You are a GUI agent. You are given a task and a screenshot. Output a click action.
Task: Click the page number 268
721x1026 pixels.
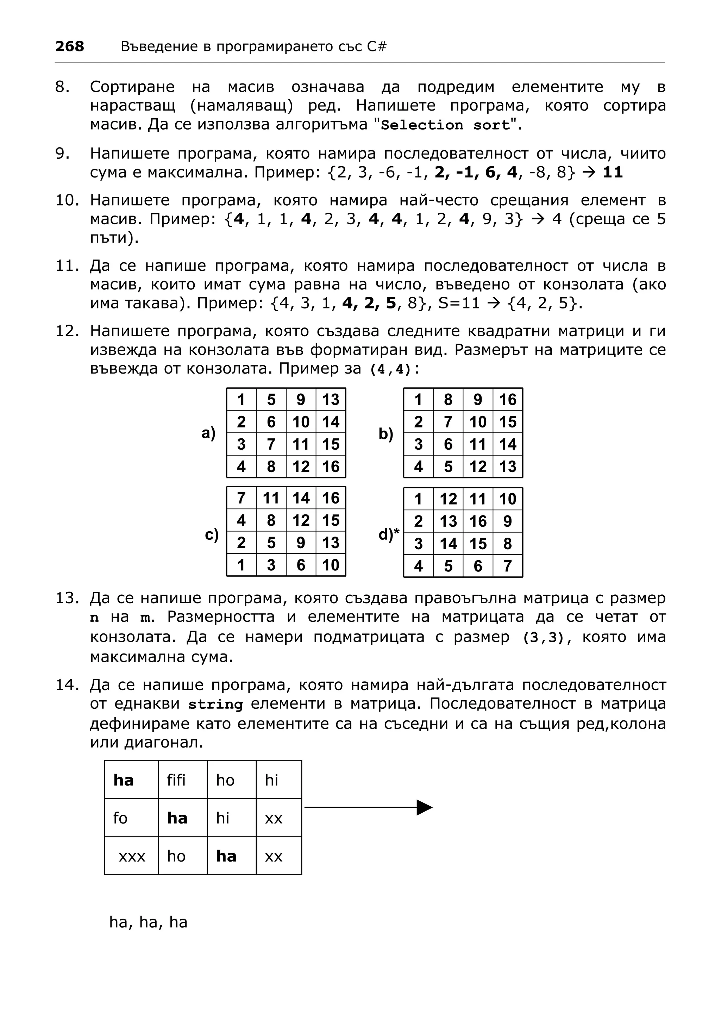tap(69, 46)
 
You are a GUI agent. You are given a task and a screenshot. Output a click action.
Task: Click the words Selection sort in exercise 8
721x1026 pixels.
tap(445, 125)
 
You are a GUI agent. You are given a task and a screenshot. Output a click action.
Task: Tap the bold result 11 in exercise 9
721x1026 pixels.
tap(613, 173)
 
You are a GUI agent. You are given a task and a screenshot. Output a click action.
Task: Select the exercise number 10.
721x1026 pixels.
tap(67, 200)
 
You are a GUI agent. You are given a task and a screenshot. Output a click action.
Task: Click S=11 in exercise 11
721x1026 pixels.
tap(459, 304)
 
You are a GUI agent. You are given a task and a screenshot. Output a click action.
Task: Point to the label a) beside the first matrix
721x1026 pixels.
tap(209, 433)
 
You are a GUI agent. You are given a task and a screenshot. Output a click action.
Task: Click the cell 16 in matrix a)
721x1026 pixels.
tap(331, 467)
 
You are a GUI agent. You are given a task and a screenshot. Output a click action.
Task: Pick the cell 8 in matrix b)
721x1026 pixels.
tap(448, 400)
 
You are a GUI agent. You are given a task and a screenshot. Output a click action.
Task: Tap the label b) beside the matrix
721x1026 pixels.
tap(386, 433)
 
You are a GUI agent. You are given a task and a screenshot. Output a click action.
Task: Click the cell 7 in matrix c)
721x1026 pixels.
tap(241, 498)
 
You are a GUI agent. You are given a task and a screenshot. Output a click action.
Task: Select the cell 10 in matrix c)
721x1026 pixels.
tap(331, 565)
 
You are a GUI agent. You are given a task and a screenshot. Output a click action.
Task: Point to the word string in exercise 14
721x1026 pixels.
tap(215, 705)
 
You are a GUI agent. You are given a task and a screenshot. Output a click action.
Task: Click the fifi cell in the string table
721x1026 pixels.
tap(176, 780)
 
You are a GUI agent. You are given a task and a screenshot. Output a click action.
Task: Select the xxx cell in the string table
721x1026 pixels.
tap(132, 856)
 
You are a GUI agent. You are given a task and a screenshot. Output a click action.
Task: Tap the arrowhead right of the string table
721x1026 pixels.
tap(424, 807)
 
